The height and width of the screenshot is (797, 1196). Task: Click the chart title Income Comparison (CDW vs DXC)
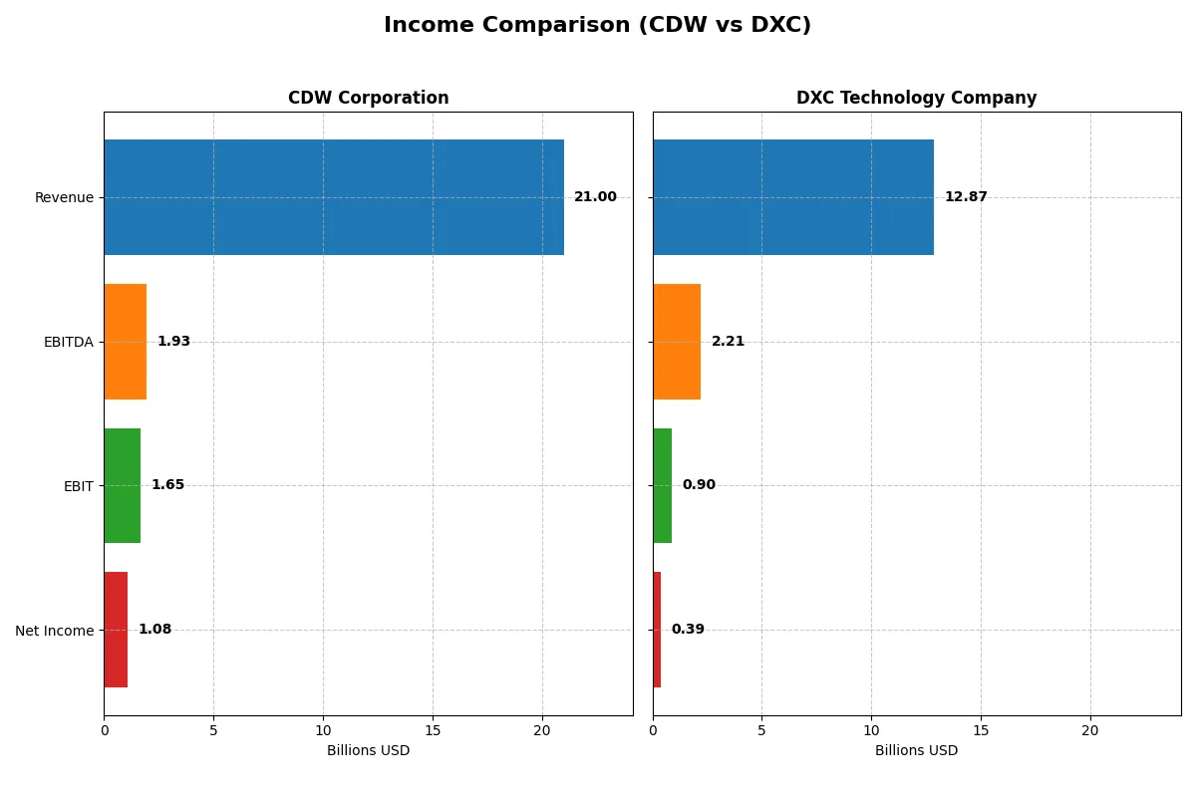[x=597, y=26]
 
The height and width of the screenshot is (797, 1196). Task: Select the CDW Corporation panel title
[x=368, y=98]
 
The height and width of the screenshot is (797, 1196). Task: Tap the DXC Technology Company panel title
[x=916, y=98]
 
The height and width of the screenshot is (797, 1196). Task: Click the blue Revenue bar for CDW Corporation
[x=334, y=197]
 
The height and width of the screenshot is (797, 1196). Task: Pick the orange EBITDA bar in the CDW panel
[x=125, y=342]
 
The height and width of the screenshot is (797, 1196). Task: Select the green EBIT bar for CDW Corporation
[x=122, y=485]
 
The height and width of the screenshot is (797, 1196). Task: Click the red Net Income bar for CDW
[x=116, y=630]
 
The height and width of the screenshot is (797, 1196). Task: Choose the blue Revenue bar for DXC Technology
[x=793, y=197]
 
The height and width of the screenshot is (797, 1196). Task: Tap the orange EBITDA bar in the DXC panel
[x=677, y=342]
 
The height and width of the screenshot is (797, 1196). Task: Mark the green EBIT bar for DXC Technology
[x=663, y=485]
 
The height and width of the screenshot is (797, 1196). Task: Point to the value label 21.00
[x=595, y=197]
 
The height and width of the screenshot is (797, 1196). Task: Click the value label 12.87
[x=966, y=197]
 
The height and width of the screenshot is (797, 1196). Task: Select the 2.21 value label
[x=728, y=342]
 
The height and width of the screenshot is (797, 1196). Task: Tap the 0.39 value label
[x=688, y=630]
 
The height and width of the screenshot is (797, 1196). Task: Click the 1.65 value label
[x=167, y=485]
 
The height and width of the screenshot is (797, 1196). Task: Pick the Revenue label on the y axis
[x=64, y=197]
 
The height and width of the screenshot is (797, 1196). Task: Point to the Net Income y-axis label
[x=54, y=631]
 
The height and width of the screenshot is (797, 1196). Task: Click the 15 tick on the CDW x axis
[x=433, y=730]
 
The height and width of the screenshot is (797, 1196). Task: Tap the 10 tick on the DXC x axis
[x=871, y=730]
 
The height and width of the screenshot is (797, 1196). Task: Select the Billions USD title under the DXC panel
[x=916, y=751]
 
